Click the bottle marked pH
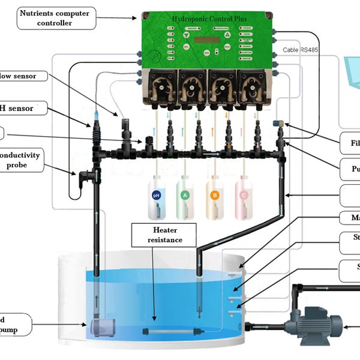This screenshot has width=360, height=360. (157, 197)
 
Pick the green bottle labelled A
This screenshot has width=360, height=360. (185, 197)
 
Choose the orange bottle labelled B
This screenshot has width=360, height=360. (214, 197)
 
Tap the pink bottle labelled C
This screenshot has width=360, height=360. (243, 197)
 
